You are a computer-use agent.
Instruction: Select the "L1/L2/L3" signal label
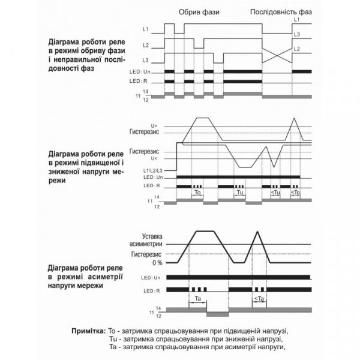pyautogui.click(x=152, y=172)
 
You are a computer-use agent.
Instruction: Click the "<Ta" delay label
pyautogui.click(x=259, y=298)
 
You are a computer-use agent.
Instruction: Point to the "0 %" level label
pyautogui.click(x=157, y=263)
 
